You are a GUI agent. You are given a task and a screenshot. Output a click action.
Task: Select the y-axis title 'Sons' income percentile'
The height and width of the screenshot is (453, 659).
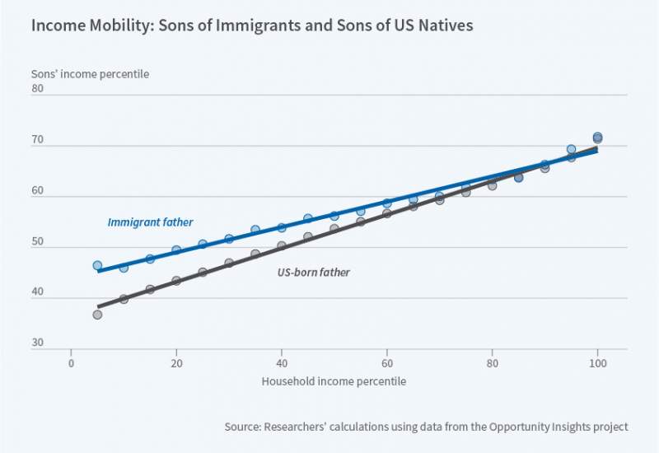click(90, 74)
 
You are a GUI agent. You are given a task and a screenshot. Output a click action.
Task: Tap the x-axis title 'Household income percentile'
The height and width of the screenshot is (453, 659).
click(334, 381)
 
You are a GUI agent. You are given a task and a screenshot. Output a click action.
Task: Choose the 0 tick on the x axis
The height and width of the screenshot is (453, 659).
click(71, 362)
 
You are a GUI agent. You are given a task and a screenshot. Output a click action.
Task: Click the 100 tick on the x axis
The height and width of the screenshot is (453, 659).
click(597, 362)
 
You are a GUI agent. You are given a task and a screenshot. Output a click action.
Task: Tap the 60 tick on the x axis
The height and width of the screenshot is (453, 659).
click(386, 362)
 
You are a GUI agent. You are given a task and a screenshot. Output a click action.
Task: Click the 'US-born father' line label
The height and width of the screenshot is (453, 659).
click(315, 272)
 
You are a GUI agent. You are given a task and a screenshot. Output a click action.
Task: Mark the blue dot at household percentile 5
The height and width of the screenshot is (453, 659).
click(97, 266)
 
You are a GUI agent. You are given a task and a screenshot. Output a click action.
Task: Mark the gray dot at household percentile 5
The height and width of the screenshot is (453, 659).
click(97, 315)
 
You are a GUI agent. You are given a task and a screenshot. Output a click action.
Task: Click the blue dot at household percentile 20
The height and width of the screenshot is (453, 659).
click(176, 250)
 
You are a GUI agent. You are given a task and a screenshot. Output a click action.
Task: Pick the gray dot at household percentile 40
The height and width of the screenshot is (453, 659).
click(281, 246)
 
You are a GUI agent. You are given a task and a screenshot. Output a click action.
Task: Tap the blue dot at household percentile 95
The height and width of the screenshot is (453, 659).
click(571, 150)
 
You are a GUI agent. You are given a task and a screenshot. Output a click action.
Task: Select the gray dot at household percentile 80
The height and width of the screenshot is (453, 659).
click(492, 185)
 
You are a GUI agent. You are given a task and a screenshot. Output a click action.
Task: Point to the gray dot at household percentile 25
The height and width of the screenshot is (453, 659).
click(203, 272)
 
